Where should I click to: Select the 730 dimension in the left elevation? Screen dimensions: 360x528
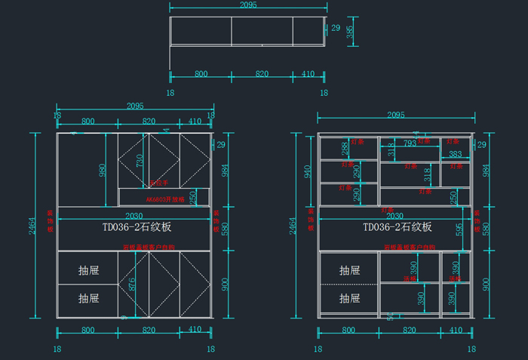pyautogui.click(x=140, y=160)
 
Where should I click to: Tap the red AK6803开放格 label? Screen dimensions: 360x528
pyautogui.click(x=165, y=199)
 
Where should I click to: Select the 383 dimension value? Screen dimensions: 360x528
pyautogui.click(x=455, y=154)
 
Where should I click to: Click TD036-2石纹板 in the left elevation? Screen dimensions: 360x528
pyautogui.click(x=137, y=226)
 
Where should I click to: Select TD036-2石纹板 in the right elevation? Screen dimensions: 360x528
pyautogui.click(x=398, y=226)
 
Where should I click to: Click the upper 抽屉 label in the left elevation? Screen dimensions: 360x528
pyautogui.click(x=88, y=269)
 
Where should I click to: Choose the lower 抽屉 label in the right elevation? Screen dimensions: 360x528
pyautogui.click(x=349, y=298)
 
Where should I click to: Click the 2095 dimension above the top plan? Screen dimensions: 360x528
pyautogui.click(x=248, y=5)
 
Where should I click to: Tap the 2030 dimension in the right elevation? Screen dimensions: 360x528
pyautogui.click(x=395, y=216)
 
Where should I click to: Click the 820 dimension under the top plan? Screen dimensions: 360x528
pyautogui.click(x=262, y=74)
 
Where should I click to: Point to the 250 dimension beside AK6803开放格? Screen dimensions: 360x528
pyautogui.click(x=194, y=196)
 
